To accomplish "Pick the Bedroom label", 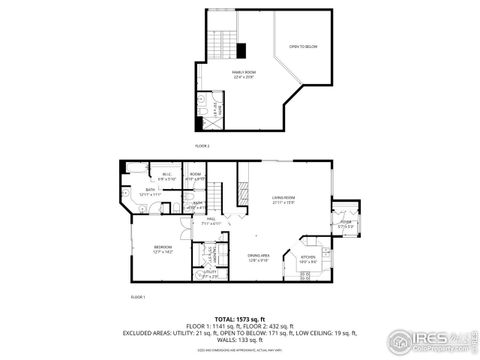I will pyautogui.click(x=162, y=248).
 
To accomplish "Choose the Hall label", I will pyautogui.click(x=212, y=219).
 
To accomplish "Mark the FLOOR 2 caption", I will pyautogui.click(x=201, y=146).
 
